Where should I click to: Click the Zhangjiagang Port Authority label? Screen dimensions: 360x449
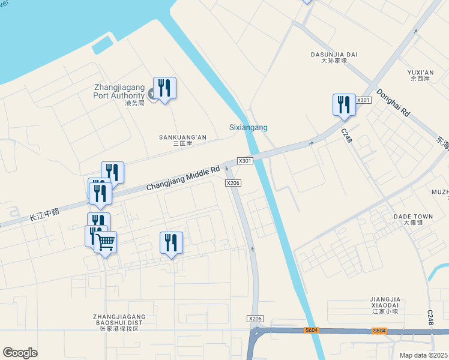tap(119, 91)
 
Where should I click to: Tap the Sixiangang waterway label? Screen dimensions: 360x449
tap(249, 127)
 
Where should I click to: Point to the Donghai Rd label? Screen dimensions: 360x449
tap(393, 103)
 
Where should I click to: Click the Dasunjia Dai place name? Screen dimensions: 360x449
tap(334, 55)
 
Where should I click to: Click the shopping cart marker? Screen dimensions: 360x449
tap(105, 242)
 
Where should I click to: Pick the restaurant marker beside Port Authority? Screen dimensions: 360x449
tap(164, 88)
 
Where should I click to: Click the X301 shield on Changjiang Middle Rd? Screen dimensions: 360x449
tap(245, 161)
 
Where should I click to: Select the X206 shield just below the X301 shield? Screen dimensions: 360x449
tap(233, 183)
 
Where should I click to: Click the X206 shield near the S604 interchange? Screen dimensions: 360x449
tap(255, 319)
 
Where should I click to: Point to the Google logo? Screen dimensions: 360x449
tap(20, 352)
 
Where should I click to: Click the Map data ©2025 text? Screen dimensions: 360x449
tap(423, 355)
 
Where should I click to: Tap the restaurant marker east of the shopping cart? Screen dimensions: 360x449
tap(171, 242)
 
